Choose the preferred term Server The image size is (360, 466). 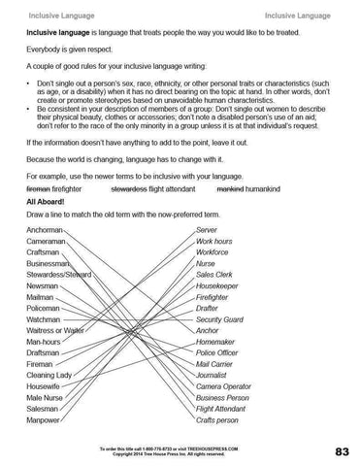point(206,229)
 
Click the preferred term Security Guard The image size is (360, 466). point(219,319)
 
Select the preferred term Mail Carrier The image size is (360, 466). point(214,364)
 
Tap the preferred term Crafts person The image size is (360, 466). point(217,420)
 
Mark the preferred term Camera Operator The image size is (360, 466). point(223,386)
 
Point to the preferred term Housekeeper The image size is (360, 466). point(217,285)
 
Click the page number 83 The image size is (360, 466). point(343,451)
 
